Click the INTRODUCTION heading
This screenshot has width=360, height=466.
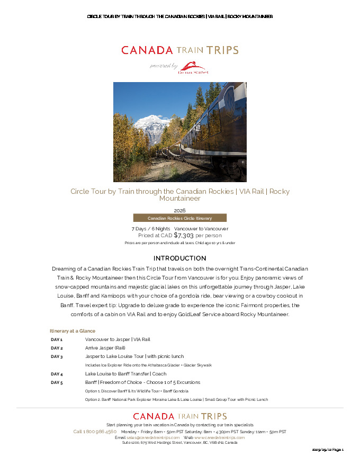click(180, 258)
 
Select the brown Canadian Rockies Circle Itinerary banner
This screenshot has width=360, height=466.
click(179, 218)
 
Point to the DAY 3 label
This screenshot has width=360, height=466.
click(57, 357)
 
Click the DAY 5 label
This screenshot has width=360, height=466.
click(57, 382)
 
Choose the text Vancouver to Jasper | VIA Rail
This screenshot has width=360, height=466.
click(118, 339)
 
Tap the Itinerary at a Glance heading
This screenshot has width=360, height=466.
click(73, 331)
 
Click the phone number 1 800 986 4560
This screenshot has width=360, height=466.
click(95, 432)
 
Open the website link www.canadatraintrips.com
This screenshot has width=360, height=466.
click(219, 438)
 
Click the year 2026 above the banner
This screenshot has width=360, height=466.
click(179, 210)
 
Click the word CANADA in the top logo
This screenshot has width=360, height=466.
click(147, 50)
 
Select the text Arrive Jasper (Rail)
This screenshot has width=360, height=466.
click(105, 348)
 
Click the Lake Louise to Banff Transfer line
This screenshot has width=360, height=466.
click(125, 374)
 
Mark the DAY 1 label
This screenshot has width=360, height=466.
click(57, 339)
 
